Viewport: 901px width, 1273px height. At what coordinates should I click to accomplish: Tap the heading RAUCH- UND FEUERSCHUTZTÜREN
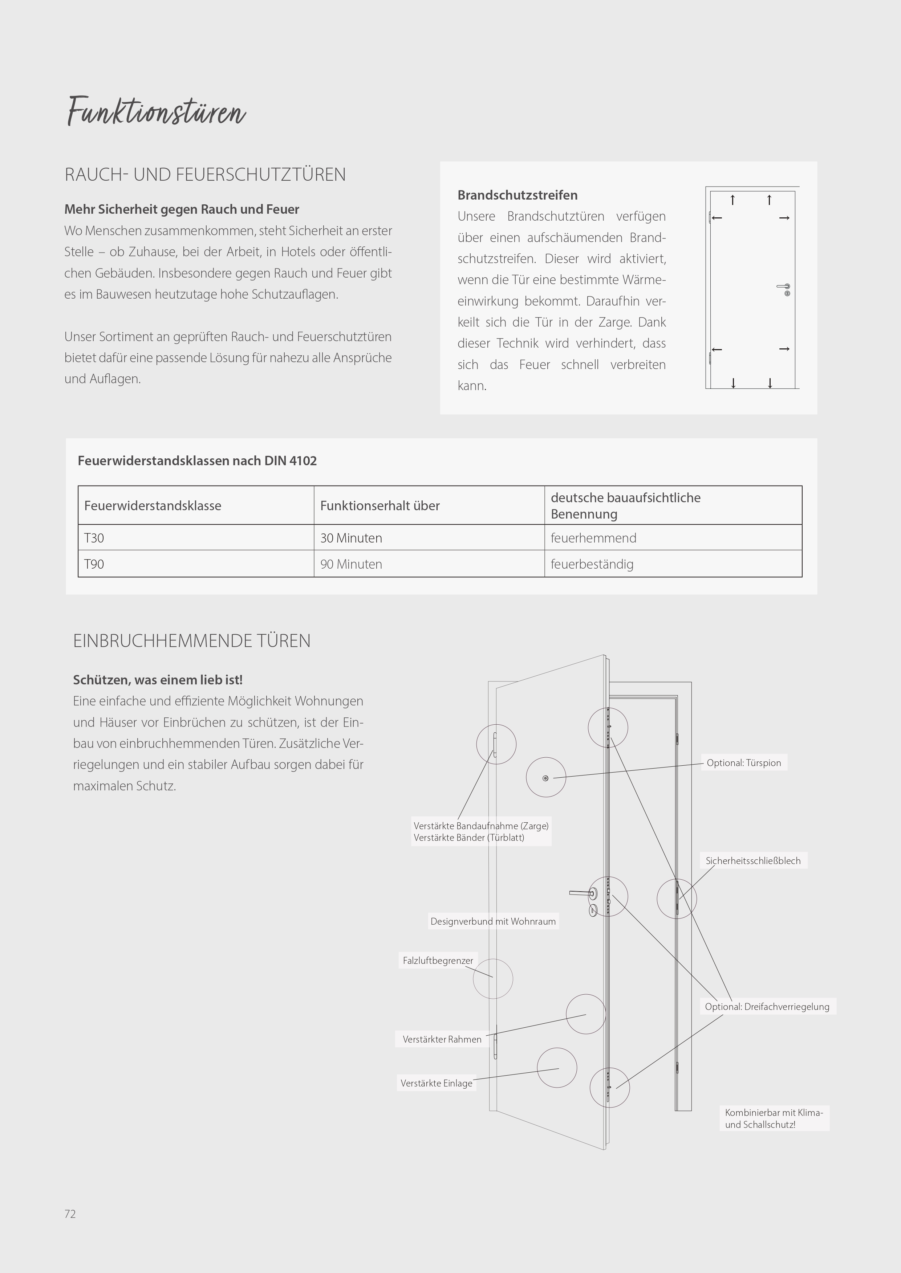point(205,175)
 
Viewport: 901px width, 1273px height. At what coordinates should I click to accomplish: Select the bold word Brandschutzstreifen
point(517,195)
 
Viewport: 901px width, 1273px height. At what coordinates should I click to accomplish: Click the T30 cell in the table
point(94,538)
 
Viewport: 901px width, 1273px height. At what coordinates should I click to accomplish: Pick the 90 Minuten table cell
point(351,564)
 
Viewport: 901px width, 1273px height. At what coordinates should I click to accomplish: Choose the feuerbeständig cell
point(592,564)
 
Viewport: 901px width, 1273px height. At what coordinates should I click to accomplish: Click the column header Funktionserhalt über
point(380,505)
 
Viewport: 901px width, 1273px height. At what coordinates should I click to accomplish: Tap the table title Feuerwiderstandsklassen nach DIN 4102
point(197,461)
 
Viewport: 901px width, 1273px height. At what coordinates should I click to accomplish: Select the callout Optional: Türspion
point(743,763)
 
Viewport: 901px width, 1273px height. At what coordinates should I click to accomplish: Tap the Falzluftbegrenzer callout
point(438,960)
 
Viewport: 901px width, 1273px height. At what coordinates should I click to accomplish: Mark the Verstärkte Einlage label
point(436,1083)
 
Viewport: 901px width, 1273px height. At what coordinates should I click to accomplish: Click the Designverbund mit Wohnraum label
point(493,921)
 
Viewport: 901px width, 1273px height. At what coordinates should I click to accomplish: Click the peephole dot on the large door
point(545,778)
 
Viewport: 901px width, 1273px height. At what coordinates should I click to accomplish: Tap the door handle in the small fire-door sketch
point(783,287)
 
